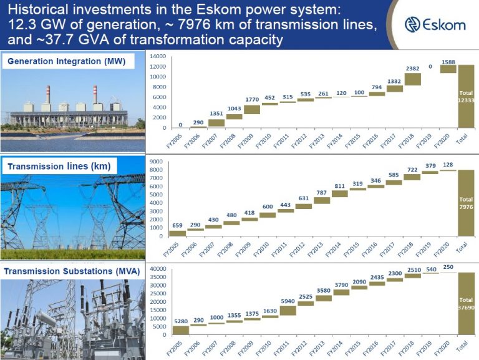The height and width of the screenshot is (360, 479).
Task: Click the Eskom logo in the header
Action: point(435,24)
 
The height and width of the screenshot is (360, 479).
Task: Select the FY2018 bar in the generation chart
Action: point(413,79)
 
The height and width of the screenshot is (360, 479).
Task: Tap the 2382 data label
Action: point(412,69)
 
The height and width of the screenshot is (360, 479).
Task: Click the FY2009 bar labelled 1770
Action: point(252,110)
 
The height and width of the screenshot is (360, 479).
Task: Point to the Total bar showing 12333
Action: point(466,96)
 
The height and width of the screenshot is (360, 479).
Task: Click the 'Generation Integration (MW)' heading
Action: point(67,61)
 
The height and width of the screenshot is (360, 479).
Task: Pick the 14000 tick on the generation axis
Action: point(158,56)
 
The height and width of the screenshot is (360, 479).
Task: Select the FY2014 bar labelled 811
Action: point(340,194)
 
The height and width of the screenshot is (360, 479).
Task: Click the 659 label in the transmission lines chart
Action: point(177,225)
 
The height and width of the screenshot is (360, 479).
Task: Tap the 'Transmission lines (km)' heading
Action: point(59,166)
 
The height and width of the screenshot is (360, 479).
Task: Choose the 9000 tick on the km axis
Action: point(157,162)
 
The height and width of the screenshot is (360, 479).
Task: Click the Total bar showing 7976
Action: point(466,203)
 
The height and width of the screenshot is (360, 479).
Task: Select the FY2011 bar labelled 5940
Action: point(288,311)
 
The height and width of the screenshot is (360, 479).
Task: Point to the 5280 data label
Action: point(181,321)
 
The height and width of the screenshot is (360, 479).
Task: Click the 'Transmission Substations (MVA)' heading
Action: point(72,271)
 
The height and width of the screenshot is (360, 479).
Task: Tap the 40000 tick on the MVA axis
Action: point(158,269)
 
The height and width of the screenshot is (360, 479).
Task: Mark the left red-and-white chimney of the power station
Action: point(48,95)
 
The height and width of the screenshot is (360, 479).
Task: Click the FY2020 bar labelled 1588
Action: point(448,69)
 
